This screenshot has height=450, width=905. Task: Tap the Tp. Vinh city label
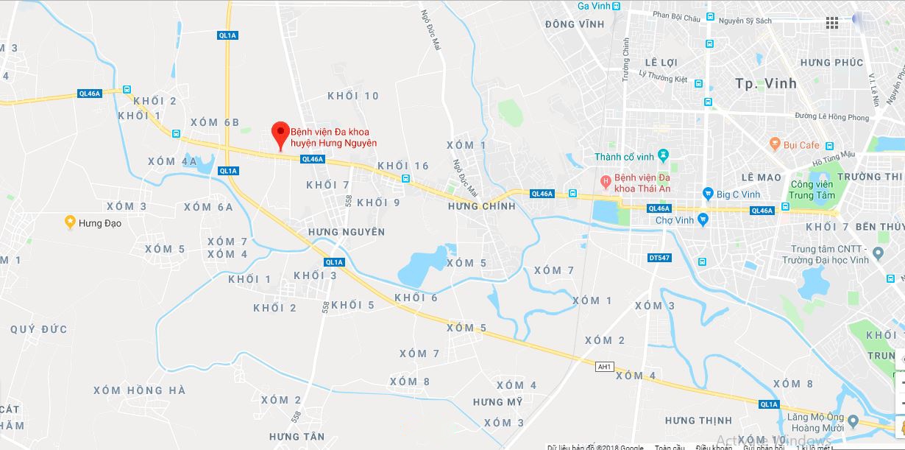pos(766,83)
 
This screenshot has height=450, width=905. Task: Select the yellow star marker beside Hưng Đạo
pos(70,222)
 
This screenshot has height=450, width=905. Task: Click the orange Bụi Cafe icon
pos(774,143)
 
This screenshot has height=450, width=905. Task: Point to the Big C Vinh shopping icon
pos(708,194)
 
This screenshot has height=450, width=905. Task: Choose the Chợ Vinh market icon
pos(703,219)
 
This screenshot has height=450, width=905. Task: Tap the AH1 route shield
pos(605,366)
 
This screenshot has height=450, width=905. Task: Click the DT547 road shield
pos(659,257)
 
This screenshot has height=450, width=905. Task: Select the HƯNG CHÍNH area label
pos(482,206)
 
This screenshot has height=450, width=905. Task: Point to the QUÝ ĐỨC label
pos(38,329)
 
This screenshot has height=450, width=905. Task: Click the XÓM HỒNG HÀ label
pos(139,390)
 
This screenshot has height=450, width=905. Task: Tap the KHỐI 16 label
pos(402,166)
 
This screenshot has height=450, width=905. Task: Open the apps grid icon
pos(832,23)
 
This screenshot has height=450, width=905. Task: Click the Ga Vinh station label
pos(595,6)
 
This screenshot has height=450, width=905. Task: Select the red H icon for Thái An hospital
pos(606,180)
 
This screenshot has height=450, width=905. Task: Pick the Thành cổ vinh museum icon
pos(663,156)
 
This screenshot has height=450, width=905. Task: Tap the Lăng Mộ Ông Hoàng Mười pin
pos(853,421)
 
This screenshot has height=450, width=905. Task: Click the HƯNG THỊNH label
pos(698,421)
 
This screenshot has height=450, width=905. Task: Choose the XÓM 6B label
pos(214,122)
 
